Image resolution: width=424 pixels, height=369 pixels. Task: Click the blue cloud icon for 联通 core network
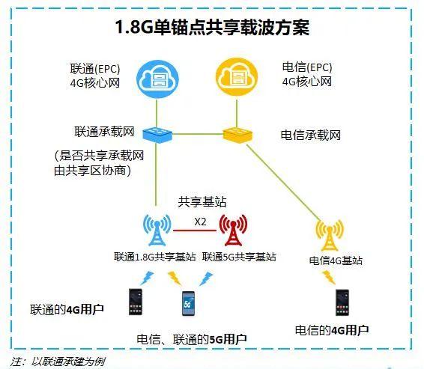tap(157, 79)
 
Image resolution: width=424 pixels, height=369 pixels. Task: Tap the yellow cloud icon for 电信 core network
tap(237, 77)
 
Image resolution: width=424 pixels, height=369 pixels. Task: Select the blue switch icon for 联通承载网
tap(157, 135)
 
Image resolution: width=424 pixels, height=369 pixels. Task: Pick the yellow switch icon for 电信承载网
tap(237, 135)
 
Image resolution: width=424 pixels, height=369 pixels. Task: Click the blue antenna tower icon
tap(157, 230)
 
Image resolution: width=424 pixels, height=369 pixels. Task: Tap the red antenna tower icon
tap(233, 230)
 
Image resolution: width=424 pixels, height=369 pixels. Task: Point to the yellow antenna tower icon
tap(330, 234)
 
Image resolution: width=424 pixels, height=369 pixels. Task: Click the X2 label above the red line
tap(200, 222)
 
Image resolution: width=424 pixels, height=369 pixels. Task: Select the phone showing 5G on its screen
tap(188, 303)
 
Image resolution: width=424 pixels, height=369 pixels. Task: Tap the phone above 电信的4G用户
tap(342, 302)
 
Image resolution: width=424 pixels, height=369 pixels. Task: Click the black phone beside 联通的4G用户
tap(136, 302)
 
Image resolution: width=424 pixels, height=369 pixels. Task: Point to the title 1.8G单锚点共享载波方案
tap(212, 27)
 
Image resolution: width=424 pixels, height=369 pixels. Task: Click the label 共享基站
tap(202, 202)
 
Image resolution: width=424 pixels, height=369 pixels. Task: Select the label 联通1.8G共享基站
tap(154, 257)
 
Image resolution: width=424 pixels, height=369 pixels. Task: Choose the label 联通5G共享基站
tap(239, 257)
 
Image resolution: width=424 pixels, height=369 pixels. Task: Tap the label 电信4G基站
tap(336, 260)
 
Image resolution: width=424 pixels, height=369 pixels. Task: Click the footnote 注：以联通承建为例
tap(58, 362)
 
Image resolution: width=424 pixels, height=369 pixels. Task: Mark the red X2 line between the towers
tap(195, 231)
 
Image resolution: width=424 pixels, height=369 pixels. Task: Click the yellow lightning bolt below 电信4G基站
tap(328, 278)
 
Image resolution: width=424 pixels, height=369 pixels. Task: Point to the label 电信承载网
tap(310, 135)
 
